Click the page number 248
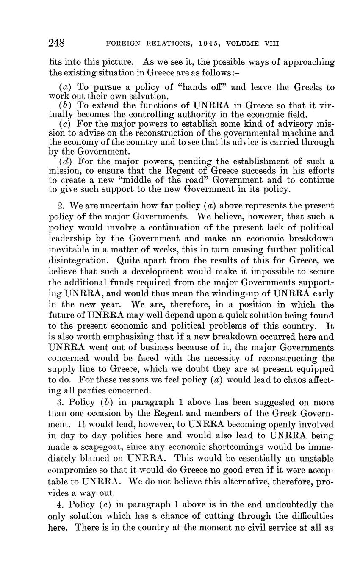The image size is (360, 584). pyautogui.click(x=56, y=43)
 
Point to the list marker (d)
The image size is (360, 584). pyautogui.click(x=65, y=161)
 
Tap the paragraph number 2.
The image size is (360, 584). pyautogui.click(x=61, y=205)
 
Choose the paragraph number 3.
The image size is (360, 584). pyautogui.click(x=61, y=402)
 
